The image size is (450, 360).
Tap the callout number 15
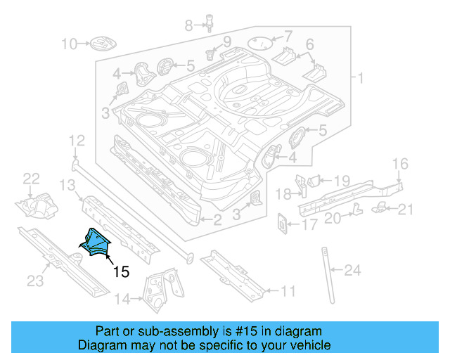[x=120, y=271]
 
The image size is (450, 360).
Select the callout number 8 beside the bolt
[x=188, y=26]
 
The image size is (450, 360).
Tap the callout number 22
[x=32, y=179]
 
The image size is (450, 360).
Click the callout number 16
[x=399, y=165]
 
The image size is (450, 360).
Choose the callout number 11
[x=288, y=290]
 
